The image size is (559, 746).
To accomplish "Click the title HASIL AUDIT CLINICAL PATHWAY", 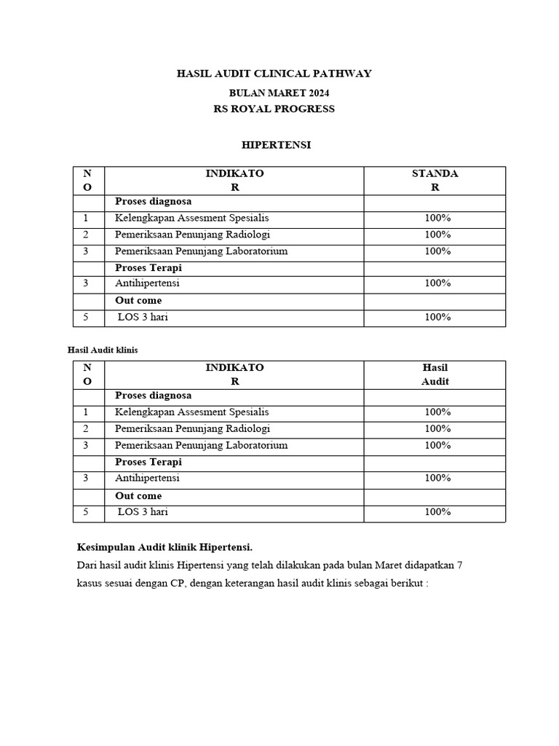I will [x=274, y=74].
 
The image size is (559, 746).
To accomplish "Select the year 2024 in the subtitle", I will [x=318, y=93].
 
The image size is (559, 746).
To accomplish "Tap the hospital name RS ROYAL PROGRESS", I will [x=274, y=109].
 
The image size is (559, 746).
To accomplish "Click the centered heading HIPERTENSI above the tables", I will [x=276, y=145].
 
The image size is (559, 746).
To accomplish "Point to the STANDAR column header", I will [x=435, y=180].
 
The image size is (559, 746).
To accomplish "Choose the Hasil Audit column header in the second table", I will [x=435, y=374].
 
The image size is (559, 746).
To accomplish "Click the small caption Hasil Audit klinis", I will [x=103, y=350].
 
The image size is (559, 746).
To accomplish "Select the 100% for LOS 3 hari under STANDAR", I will [x=437, y=317].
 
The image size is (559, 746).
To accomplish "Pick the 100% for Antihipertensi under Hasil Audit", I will [x=437, y=478].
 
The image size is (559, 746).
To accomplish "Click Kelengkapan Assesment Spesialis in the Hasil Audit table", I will [x=191, y=412].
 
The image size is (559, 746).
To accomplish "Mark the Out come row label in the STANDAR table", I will [x=138, y=300].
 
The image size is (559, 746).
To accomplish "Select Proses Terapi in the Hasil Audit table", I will [x=148, y=462].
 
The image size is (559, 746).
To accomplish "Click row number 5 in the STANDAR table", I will [x=86, y=317].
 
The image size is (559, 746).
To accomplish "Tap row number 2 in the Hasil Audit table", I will [x=86, y=428].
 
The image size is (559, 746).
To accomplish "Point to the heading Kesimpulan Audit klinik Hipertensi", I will [x=164, y=547].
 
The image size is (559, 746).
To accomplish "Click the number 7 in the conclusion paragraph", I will [x=459, y=565].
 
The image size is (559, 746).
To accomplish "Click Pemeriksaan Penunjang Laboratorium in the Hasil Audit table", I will [x=201, y=445].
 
